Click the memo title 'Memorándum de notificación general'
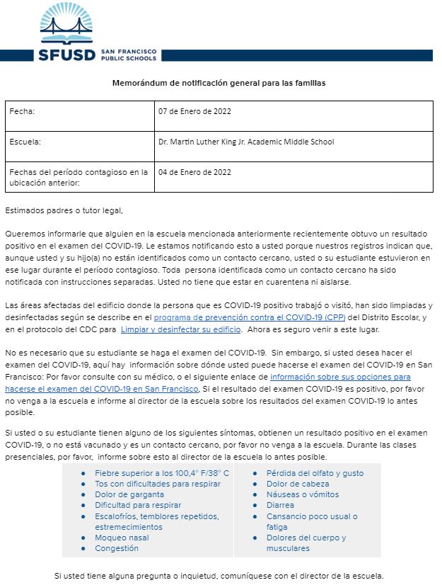coord(219,83)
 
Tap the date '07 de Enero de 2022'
coord(194,112)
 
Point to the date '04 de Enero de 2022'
coord(194,172)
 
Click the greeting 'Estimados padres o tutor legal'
coord(63,210)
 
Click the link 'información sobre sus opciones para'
coord(340,377)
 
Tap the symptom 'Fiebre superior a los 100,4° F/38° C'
coord(162,473)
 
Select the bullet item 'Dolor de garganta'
coord(129,494)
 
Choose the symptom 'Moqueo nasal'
coord(122,538)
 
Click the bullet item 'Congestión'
coord(117,548)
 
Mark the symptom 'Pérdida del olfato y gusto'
coord(315,473)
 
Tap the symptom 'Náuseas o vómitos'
coord(302,494)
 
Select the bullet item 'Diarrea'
coord(280,506)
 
